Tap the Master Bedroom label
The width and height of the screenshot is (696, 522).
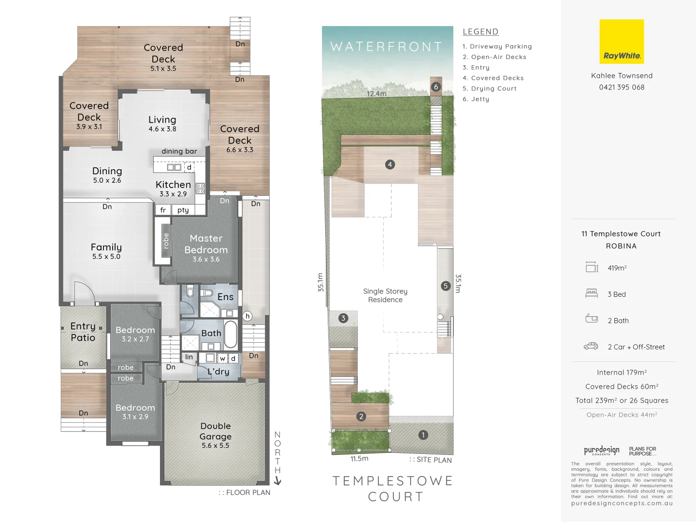(x=206, y=244)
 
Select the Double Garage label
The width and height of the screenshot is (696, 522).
(x=216, y=431)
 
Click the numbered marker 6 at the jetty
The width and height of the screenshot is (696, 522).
(x=436, y=87)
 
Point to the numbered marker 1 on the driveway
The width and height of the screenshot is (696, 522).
(x=423, y=435)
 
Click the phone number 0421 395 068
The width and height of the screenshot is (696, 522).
(x=622, y=87)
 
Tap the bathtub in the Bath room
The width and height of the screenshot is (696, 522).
(x=231, y=334)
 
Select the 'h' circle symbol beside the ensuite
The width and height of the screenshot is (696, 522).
(x=247, y=316)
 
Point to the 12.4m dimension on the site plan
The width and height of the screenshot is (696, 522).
(x=377, y=94)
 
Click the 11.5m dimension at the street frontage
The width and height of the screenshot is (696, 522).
(x=359, y=459)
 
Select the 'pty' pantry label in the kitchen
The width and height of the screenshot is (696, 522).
(x=183, y=210)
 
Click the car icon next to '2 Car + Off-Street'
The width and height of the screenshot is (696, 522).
(x=591, y=347)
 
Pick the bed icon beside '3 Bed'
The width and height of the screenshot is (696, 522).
(x=592, y=293)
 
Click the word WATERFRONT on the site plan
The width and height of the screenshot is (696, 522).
(x=386, y=47)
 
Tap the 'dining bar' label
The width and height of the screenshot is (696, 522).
(x=179, y=151)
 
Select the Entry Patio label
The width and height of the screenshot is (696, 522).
(x=83, y=332)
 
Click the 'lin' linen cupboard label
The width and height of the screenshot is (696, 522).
(x=189, y=357)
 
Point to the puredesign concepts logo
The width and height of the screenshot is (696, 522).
(x=601, y=450)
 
